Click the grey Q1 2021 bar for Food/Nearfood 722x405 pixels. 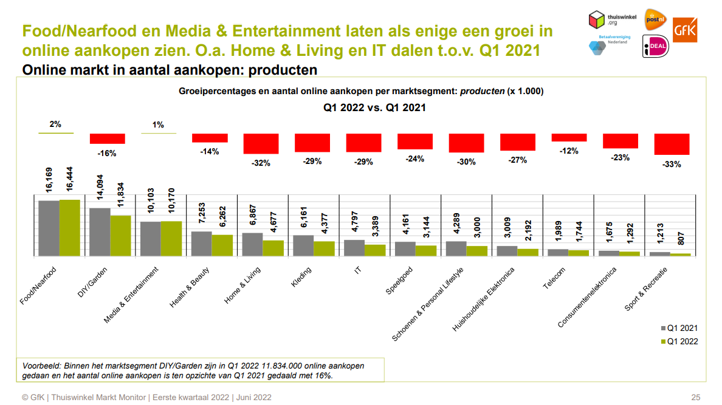pyautogui.click(x=49, y=228)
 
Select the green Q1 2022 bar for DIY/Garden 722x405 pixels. pyautogui.click(x=120, y=236)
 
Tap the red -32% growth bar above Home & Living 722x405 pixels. pyautogui.click(x=261, y=143)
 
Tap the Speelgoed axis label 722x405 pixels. pyautogui.click(x=399, y=281)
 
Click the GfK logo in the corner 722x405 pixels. pyautogui.click(x=685, y=29)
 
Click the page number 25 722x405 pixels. pyautogui.click(x=696, y=398)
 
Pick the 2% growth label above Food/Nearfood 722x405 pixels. pyautogui.click(x=55, y=124)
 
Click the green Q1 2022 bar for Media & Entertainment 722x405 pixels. pyautogui.click(x=171, y=239)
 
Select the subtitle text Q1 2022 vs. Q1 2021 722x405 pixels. pyautogui.click(x=374, y=108)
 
